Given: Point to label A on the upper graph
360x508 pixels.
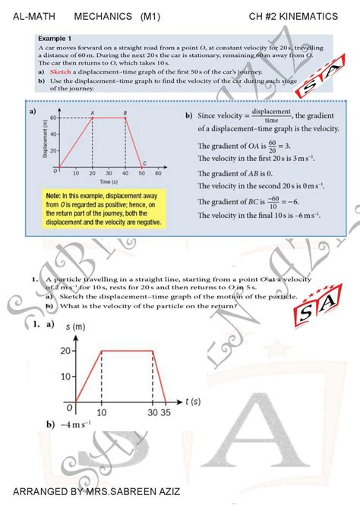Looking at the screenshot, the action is coord(92,111).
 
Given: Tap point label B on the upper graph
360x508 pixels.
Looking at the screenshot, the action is coord(125,111).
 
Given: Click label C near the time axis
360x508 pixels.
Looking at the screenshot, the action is coord(144,162).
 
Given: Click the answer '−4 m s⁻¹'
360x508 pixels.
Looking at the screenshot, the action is coord(75,425).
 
